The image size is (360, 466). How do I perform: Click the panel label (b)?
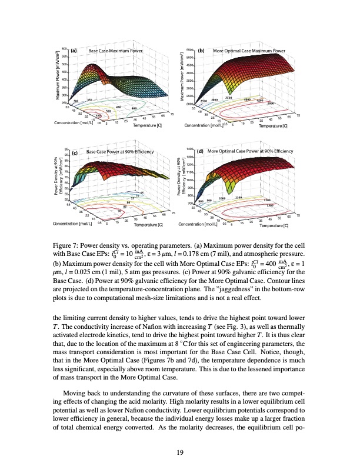[x=201, y=51]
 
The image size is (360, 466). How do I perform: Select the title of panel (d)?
[x=250, y=151]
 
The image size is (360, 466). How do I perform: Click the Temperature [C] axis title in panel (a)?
[x=147, y=125]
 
